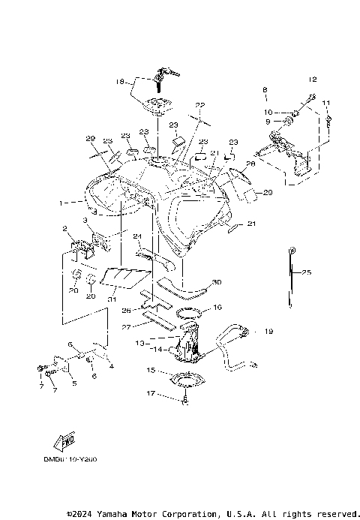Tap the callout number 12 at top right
313,79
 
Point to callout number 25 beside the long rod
306,273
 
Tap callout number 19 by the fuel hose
268,330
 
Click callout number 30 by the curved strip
217,282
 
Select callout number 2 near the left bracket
65,228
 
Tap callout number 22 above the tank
199,105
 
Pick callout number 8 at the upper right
265,90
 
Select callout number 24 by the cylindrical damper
137,236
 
